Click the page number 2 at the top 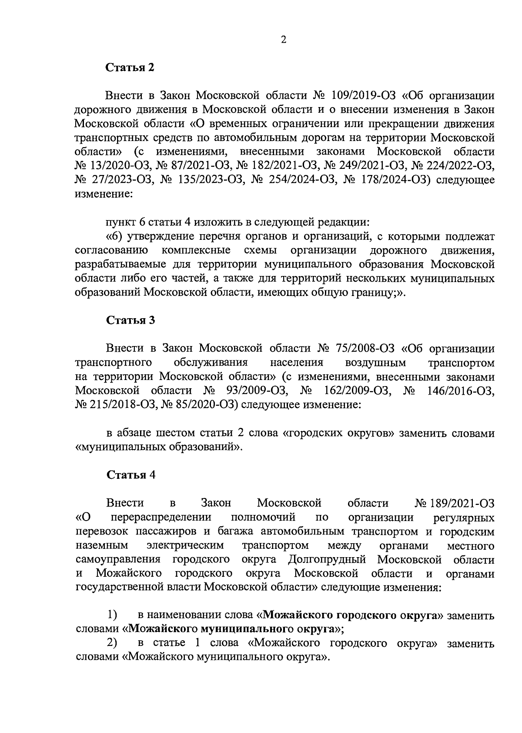pos(284,40)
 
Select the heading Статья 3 pos(130,320)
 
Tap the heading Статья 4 pos(130,475)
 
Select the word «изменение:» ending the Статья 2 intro pos(103,194)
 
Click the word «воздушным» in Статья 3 pos(375,363)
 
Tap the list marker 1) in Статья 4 pos(112,615)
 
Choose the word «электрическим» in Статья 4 pos(185,545)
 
